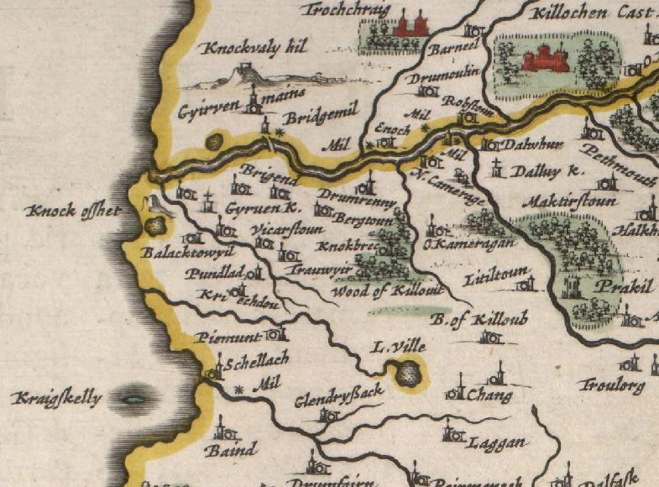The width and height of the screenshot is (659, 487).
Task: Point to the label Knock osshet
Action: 71,211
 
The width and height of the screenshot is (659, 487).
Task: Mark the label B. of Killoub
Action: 466,320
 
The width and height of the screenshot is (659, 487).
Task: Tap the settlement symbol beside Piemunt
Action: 272,335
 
